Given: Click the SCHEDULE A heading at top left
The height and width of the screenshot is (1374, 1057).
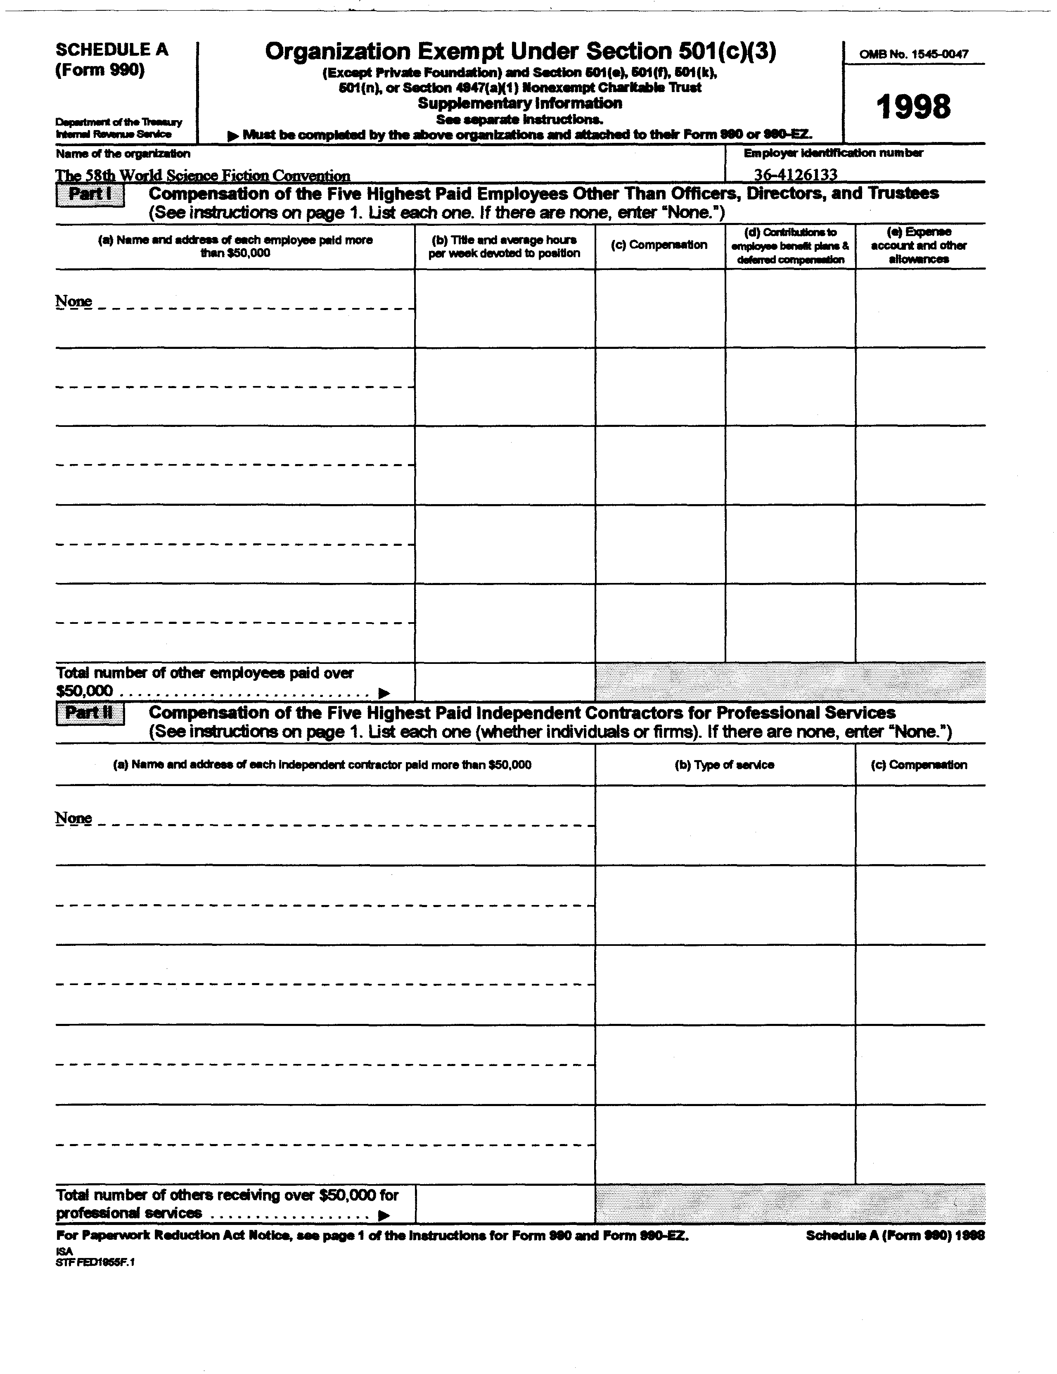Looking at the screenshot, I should click(112, 50).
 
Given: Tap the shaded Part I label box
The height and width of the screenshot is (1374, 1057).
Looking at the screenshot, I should click(90, 194).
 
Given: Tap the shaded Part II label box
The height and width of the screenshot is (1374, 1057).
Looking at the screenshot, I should click(90, 713).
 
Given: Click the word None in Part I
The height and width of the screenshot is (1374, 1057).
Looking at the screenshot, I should click(73, 301).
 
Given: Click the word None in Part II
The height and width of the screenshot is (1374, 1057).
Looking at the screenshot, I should click(73, 818).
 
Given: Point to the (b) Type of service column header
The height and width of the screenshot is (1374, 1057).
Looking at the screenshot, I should click(724, 765).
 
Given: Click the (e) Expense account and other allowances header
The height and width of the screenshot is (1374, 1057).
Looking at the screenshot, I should click(919, 245).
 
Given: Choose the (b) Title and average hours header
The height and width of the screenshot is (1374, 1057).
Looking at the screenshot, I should click(504, 246).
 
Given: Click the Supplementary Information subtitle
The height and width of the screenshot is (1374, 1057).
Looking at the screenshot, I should click(520, 103).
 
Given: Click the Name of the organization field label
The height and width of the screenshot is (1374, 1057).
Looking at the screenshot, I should click(123, 154).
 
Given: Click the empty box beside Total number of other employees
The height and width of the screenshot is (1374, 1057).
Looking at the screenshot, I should click(505, 681).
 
